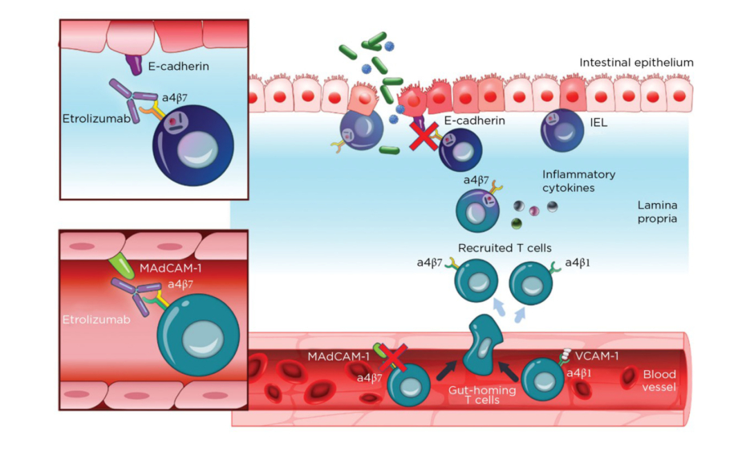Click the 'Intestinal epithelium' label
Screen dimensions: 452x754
click(636, 63)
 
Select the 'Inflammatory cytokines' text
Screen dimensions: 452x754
click(578, 181)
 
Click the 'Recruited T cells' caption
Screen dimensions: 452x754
click(505, 248)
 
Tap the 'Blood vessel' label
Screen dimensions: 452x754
click(659, 381)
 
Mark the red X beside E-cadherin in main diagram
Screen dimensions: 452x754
click(424, 136)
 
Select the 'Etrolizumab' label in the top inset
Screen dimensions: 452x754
click(91, 118)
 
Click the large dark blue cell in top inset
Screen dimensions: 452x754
click(193, 142)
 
